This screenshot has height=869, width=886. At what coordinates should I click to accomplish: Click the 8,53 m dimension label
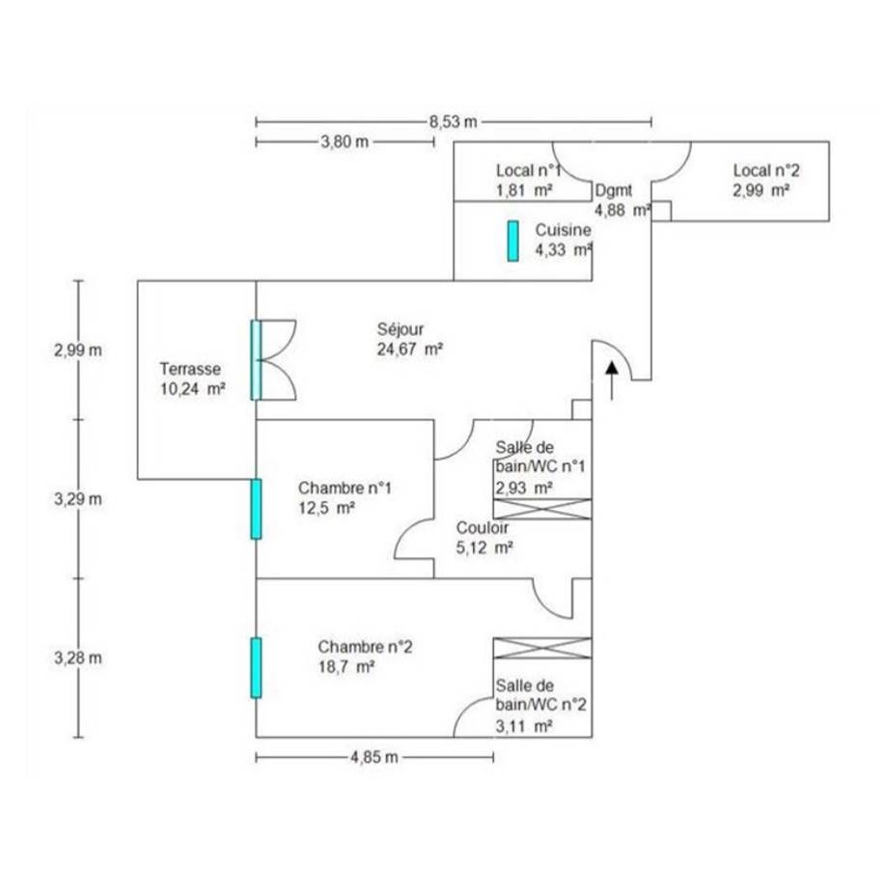pyautogui.click(x=454, y=122)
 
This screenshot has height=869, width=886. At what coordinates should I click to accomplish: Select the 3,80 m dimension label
pyautogui.click(x=345, y=142)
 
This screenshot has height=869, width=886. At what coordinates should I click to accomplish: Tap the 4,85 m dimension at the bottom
pyautogui.click(x=374, y=757)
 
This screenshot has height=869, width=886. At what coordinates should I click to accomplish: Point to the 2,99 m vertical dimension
pyautogui.click(x=77, y=350)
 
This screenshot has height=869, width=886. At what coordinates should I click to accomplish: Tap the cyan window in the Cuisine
pyautogui.click(x=513, y=241)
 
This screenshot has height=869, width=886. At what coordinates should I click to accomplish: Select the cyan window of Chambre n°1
pyautogui.click(x=256, y=509)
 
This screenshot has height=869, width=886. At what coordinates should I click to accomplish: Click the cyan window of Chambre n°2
pyautogui.click(x=256, y=667)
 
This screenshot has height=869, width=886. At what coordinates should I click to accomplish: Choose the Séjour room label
pyautogui.click(x=401, y=329)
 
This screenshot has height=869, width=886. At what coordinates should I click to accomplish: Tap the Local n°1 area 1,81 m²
pyautogui.click(x=524, y=190)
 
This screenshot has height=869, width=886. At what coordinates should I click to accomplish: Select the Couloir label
pyautogui.click(x=483, y=528)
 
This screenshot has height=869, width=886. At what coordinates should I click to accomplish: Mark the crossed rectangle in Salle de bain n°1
pyautogui.click(x=542, y=509)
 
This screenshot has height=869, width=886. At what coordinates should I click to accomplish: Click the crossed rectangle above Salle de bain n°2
pyautogui.click(x=541, y=649)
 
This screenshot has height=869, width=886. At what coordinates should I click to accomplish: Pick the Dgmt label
pyautogui.click(x=614, y=190)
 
